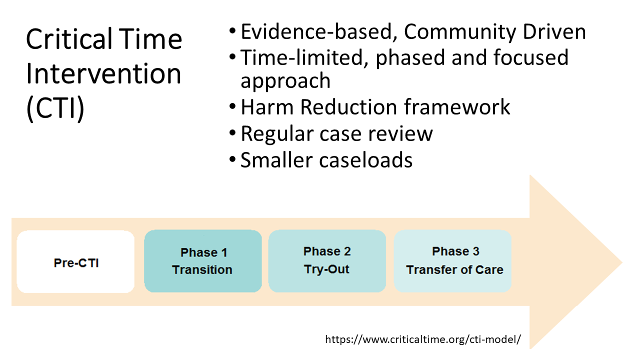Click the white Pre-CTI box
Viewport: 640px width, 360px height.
pyautogui.click(x=75, y=261)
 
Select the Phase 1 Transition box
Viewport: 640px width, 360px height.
pyautogui.click(x=203, y=261)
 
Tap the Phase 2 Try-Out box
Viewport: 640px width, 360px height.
pyautogui.click(x=327, y=261)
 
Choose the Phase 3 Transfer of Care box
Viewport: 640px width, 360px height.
pyautogui.click(x=452, y=261)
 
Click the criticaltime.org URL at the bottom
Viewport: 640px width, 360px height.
pyautogui.click(x=423, y=339)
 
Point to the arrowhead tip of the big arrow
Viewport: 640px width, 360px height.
pyautogui.click(x=622, y=262)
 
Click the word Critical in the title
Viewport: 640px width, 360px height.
pyautogui.click(x=69, y=39)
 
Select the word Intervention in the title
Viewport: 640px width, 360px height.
pyautogui.click(x=103, y=73)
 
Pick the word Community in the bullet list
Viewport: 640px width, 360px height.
pyautogui.click(x=460, y=32)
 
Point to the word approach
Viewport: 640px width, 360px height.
pyautogui.click(x=285, y=81)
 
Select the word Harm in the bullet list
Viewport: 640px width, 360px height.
pyautogui.click(x=267, y=107)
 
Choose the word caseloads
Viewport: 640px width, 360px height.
pyautogui.click(x=365, y=160)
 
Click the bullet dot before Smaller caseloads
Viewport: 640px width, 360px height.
pyautogui.click(x=232, y=159)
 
